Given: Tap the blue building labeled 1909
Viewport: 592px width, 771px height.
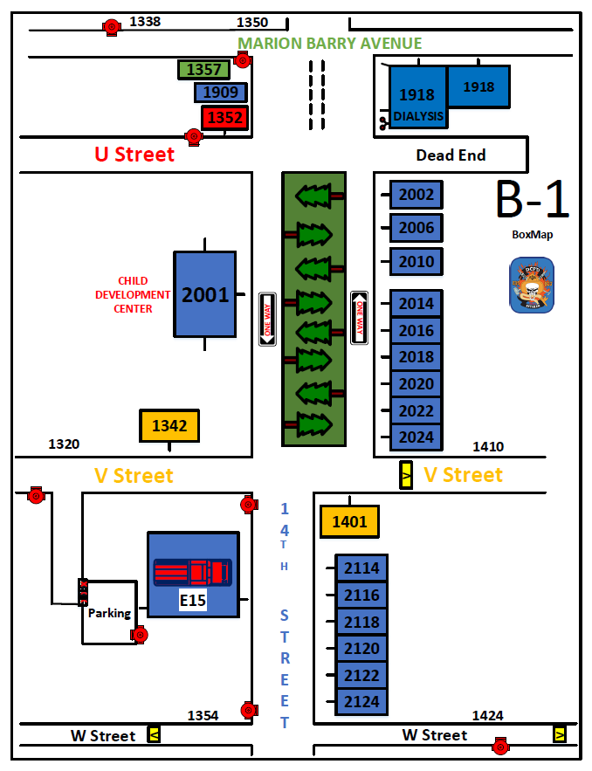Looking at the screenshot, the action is point(221,93).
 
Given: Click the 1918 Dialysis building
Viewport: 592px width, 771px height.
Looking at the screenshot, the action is point(417,98).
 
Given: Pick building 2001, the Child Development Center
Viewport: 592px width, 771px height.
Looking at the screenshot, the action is point(205,295).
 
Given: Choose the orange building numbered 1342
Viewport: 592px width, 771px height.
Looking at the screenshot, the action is point(169,426).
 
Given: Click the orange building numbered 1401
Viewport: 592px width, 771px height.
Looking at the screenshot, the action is point(349,522).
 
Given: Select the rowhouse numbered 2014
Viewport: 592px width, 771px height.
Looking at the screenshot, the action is point(416,304).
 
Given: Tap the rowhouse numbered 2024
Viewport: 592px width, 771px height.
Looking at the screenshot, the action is point(416,437).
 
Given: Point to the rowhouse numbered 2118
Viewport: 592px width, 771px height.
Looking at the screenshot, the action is point(361,623).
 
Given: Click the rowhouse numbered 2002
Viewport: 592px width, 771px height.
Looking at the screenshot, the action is point(416,195).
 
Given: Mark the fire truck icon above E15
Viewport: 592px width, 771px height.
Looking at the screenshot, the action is point(193,572).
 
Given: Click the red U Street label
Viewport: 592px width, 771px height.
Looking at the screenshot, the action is point(134,155).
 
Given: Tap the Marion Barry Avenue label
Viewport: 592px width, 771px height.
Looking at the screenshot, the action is point(330,44).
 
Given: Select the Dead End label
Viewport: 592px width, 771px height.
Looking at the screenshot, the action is point(451,155).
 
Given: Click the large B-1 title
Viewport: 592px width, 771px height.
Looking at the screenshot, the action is point(532,200).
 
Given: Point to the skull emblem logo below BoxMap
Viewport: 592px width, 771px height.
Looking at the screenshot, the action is point(532,285).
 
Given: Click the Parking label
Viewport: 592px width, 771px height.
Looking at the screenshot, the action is point(109,613).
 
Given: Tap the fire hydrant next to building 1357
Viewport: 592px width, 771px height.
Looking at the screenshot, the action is point(243,60).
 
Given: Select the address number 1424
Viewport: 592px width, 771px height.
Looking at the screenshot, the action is point(487,715).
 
